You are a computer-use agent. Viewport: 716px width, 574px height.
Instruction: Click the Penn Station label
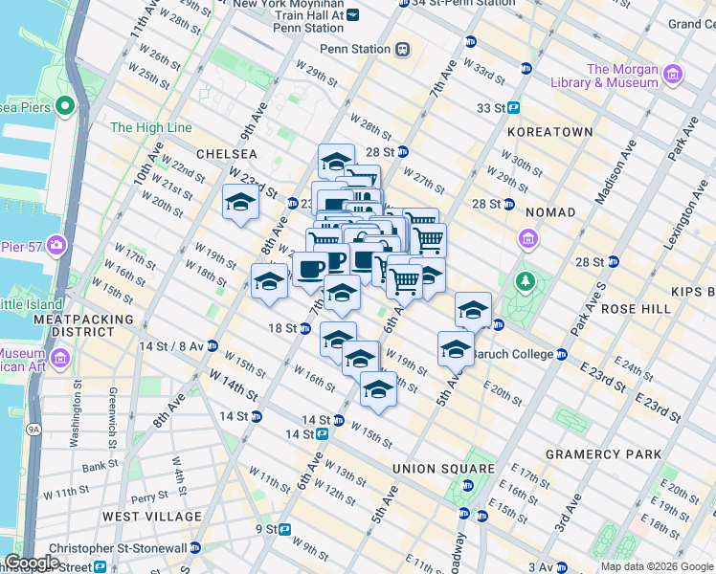click(355, 49)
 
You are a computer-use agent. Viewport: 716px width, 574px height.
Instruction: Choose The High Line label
click(150, 127)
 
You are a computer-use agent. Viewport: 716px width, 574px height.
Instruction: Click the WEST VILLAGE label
click(152, 517)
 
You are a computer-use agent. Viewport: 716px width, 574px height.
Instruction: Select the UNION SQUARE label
click(443, 469)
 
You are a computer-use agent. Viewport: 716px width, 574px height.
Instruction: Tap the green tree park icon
click(524, 281)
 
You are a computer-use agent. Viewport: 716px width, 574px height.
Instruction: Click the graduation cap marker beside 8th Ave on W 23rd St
click(240, 202)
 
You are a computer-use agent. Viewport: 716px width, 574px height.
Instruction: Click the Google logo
click(32, 563)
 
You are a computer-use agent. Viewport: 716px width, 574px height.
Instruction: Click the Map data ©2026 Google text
click(656, 566)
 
